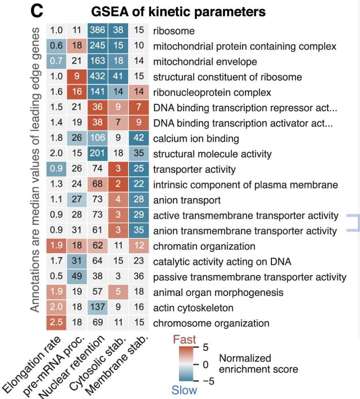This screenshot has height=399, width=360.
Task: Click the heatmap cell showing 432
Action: tap(98, 77)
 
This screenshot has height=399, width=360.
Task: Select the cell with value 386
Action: tap(98, 31)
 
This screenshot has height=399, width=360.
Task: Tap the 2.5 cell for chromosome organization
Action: tap(57, 323)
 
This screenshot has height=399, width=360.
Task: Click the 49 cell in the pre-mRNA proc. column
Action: tap(77, 277)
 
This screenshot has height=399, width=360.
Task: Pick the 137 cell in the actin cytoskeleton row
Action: tap(98, 308)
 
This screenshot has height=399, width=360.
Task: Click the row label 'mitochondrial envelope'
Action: tap(205, 62)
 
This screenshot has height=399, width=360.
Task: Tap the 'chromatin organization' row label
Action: tap(204, 246)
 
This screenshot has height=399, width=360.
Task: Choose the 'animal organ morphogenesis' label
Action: tap(218, 292)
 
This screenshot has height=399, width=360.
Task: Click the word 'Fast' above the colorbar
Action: tap(184, 340)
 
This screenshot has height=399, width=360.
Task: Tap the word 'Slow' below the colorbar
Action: tap(184, 390)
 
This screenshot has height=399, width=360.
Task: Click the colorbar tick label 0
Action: tap(206, 364)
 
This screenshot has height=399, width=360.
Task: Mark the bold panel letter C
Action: tap(36, 12)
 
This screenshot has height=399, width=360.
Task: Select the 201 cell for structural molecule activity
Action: tap(98, 154)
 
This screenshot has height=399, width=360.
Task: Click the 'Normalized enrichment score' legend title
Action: tap(258, 363)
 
